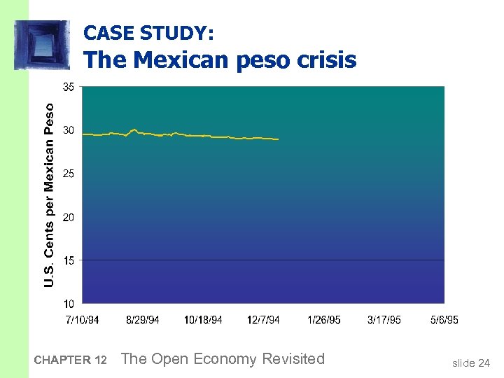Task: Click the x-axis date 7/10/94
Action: click(x=82, y=320)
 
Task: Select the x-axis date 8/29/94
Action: click(x=143, y=320)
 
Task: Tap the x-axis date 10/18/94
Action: click(x=203, y=320)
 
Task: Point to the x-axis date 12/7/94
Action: click(x=263, y=320)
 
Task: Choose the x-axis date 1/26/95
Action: click(x=324, y=320)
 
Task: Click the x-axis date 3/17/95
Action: click(x=384, y=320)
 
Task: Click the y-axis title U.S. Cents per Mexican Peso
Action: click(x=49, y=195)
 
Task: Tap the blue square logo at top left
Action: click(x=41, y=45)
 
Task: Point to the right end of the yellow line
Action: click(x=278, y=139)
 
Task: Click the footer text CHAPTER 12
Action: click(x=70, y=360)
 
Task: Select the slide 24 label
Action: click(x=471, y=363)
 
